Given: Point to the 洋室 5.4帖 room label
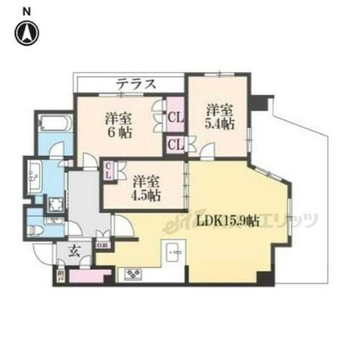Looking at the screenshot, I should click(218, 117).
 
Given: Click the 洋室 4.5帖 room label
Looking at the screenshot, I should click(145, 186).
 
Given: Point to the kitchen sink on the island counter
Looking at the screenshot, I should click(173, 253).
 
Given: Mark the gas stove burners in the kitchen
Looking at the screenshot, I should click(134, 274).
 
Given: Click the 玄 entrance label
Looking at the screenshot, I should click(75, 251).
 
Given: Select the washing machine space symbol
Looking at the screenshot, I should click(55, 204).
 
